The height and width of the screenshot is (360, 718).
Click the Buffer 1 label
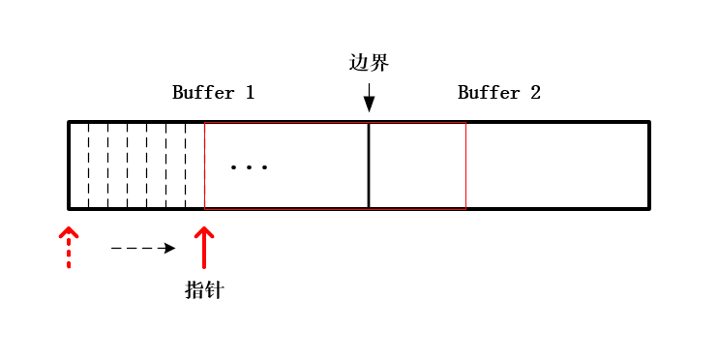point(213,93)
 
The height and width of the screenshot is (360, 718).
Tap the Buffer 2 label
point(498,93)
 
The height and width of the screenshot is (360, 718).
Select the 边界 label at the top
point(369,63)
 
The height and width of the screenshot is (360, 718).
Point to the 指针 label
point(204,289)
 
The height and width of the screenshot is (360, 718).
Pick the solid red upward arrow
point(204,247)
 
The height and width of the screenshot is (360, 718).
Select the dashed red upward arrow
point(69,247)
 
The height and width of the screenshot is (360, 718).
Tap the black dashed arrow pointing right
point(143,249)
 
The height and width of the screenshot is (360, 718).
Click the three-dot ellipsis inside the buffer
point(249,167)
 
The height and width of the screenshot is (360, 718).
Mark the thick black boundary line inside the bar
point(369,165)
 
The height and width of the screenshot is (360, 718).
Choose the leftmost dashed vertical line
point(88,165)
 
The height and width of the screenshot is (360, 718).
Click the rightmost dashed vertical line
point(185,165)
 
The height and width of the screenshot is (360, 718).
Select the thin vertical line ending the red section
point(465,165)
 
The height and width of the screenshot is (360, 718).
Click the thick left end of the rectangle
point(69,165)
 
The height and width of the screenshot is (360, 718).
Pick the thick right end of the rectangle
point(648,165)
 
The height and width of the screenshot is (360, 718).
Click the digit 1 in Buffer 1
point(250,93)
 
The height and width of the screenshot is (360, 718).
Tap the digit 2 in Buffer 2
point(535,93)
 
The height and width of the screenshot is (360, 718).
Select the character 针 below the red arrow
point(214,289)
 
